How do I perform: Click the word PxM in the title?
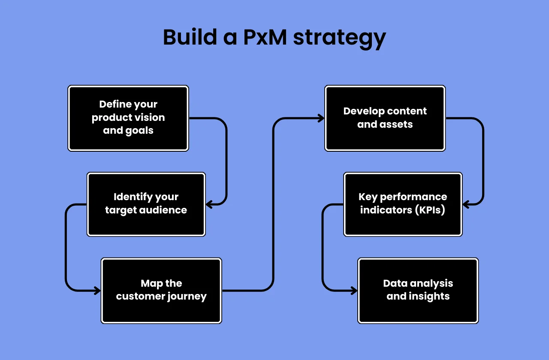click(x=265, y=37)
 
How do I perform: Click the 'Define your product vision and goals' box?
click(x=128, y=118)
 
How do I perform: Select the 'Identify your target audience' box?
click(x=146, y=204)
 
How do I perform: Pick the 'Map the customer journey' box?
click(x=161, y=290)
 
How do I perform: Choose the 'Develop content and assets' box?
click(x=385, y=118)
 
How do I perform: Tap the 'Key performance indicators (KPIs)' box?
click(x=403, y=204)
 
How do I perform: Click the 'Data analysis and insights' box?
click(x=418, y=290)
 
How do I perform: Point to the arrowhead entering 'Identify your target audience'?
click(x=209, y=204)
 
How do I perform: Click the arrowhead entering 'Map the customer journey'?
click(x=97, y=291)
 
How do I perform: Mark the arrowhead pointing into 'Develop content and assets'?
click(x=321, y=118)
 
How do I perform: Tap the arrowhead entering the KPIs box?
click(x=466, y=204)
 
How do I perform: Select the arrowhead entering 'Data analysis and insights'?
click(x=354, y=291)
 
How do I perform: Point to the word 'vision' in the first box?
click(x=151, y=118)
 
